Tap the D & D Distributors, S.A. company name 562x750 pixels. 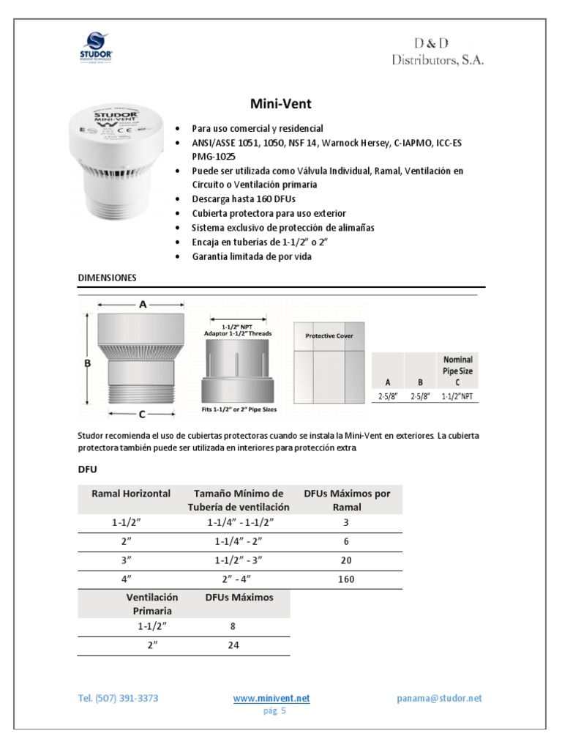click(437, 53)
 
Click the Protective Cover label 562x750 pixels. click(329, 335)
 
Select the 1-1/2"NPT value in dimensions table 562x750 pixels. click(457, 396)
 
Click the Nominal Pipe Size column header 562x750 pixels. click(458, 371)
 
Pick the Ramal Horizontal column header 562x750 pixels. click(131, 494)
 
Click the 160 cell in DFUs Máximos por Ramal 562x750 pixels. click(346, 579)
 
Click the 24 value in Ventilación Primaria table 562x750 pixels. click(231, 645)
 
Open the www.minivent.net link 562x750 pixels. click(271, 699)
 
